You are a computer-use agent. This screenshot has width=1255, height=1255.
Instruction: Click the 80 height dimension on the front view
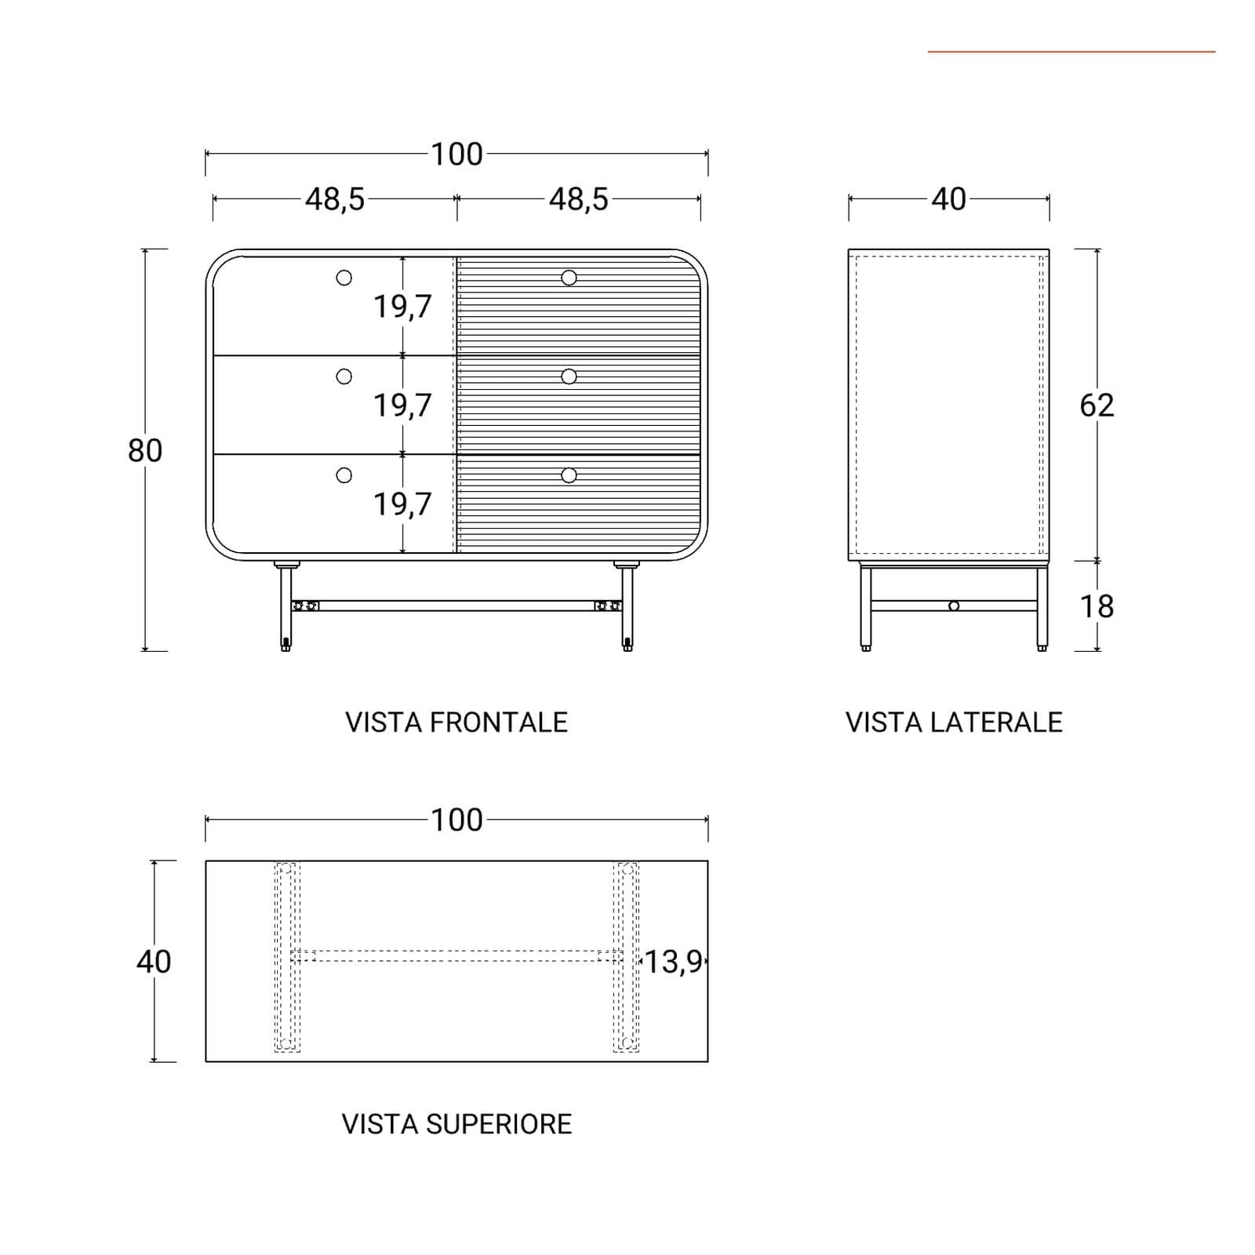145,450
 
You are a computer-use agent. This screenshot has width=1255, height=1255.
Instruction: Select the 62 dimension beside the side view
1097,405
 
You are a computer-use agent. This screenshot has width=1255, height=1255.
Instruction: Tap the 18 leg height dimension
1097,606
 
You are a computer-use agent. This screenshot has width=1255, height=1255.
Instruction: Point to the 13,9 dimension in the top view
673,962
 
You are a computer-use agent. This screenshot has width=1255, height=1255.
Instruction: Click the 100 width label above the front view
457,155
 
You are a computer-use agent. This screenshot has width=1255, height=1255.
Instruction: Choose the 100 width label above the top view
457,820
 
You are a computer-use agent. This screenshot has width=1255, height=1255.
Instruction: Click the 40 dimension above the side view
949,199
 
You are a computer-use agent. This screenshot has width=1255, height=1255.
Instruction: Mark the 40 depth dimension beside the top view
154,962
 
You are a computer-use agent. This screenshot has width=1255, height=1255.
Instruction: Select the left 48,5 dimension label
335,200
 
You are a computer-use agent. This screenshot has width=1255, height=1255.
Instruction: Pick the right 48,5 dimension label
579,200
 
